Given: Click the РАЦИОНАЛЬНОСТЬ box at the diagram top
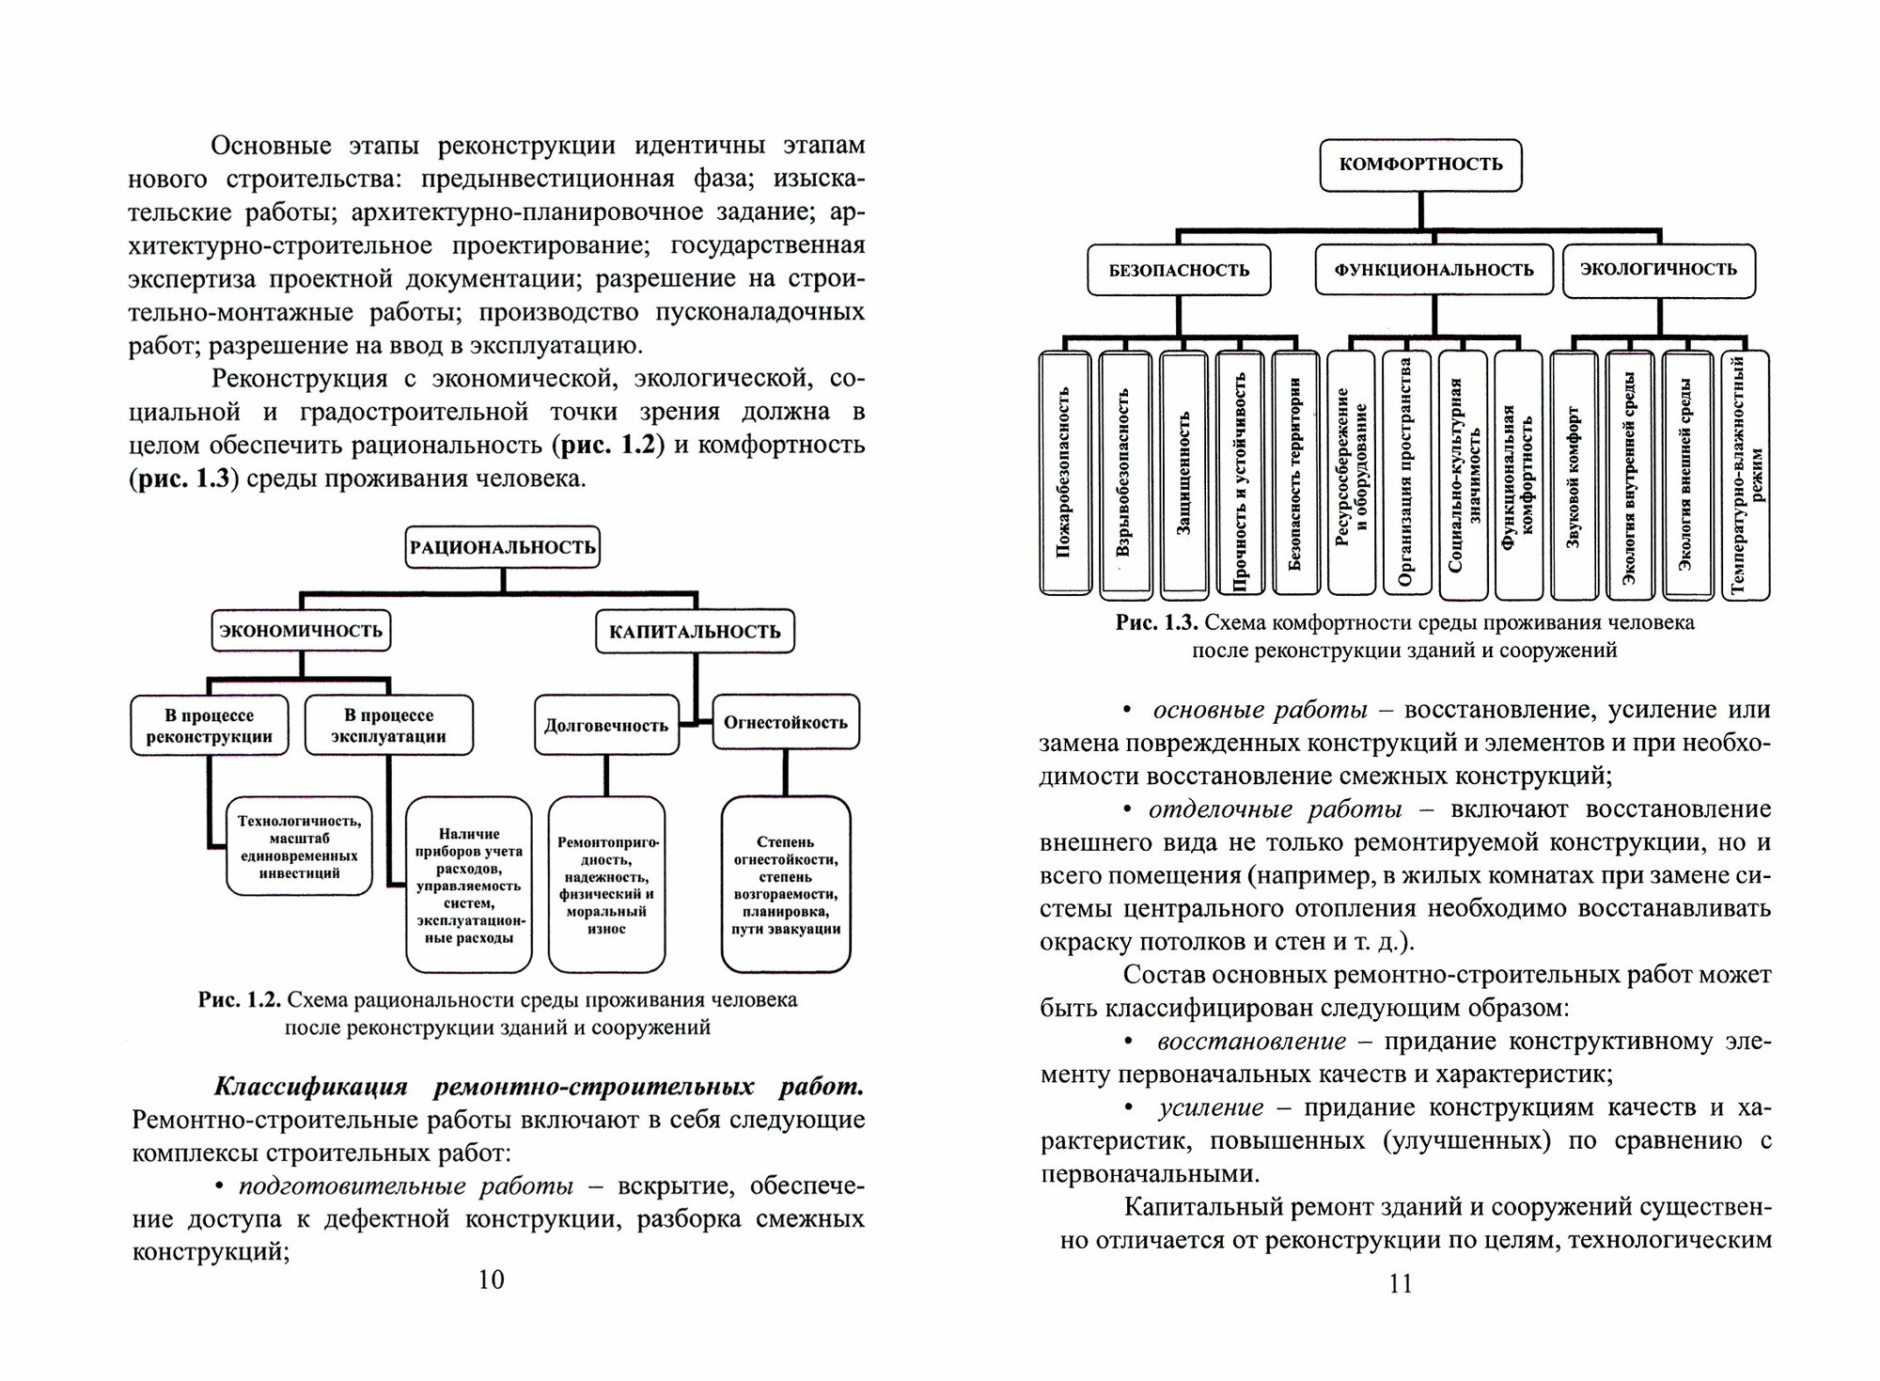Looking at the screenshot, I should pos(503,547).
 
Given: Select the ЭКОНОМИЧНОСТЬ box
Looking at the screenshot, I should pos(301,631).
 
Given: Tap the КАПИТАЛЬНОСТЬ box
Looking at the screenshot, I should pos(695,632).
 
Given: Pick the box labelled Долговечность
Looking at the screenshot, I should pos(606,725).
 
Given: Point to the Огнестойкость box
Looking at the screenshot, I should pos(786,722).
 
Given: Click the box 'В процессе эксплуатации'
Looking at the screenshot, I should pos(388,725).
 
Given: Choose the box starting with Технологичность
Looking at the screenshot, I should pos(299,846).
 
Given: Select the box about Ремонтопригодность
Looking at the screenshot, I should pos(606,885).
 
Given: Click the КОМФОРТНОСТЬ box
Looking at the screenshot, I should pos(1420,165).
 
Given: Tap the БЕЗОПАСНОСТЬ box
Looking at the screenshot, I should pos(1179,271).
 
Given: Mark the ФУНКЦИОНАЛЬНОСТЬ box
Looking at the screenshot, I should pos(1433,270).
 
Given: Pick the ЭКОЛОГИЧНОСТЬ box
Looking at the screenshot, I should pos(1658,269).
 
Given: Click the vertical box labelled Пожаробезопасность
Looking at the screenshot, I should pos(1065,475).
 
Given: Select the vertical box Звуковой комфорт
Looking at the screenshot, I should pos(1574,475).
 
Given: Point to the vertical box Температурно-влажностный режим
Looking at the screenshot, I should pos(1746,475).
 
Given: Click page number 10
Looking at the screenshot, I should pos(492,1279).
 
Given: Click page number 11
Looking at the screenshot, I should pos(1401,1283).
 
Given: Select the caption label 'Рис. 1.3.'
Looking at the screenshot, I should pos(1156,622).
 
